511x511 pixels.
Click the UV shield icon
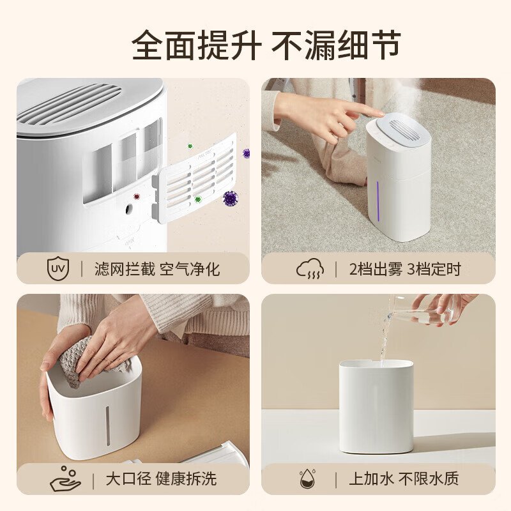(58, 268)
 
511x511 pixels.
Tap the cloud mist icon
(310, 269)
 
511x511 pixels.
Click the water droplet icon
(307, 478)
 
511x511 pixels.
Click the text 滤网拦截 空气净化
(157, 270)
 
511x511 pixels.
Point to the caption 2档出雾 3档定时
(405, 270)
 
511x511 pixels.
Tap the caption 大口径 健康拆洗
(161, 479)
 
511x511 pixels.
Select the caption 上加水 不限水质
(404, 478)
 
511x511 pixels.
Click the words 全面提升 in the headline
(197, 45)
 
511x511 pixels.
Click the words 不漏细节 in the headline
(337, 45)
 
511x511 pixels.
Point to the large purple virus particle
(231, 198)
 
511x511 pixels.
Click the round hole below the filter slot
(129, 209)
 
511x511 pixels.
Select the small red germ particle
(137, 196)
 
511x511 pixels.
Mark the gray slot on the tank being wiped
(108, 426)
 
